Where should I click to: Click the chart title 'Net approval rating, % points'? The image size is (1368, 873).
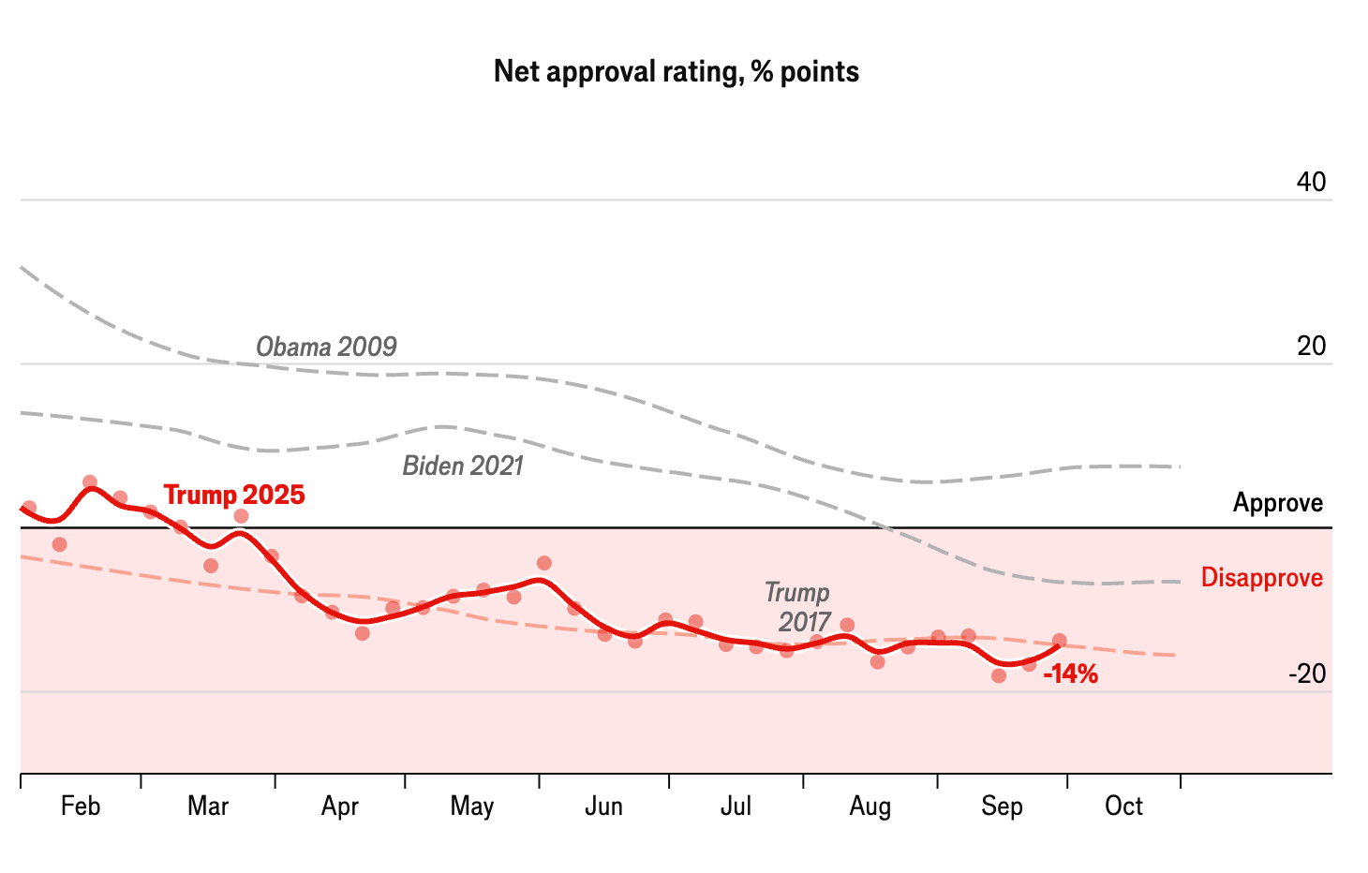[x=676, y=72]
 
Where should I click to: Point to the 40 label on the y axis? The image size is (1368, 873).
[x=1311, y=182]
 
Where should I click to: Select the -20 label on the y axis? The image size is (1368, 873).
[x=1307, y=674]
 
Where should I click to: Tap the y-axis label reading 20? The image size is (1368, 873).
[x=1311, y=347]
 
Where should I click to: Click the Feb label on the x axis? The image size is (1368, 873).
[x=81, y=806]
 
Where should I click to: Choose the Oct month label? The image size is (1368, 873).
[x=1123, y=806]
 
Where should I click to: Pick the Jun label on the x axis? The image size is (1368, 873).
[x=603, y=806]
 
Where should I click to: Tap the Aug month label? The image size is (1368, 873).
[x=870, y=806]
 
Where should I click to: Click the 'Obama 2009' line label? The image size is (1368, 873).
[x=326, y=348]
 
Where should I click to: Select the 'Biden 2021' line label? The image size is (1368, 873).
[x=463, y=466]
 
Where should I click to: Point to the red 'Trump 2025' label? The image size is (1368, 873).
[x=234, y=495]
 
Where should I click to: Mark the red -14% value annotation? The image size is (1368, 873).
[x=1070, y=674]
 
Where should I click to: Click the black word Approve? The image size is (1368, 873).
[x=1278, y=503]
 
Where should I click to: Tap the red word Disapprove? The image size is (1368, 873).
[x=1262, y=578]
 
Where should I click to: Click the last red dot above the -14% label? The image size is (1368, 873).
[x=1059, y=641]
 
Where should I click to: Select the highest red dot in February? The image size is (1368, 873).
[x=90, y=482]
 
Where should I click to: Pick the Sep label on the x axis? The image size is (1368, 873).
[x=1002, y=806]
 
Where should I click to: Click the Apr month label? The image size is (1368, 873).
[x=339, y=806]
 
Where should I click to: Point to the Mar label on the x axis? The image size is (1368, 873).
[x=208, y=806]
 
